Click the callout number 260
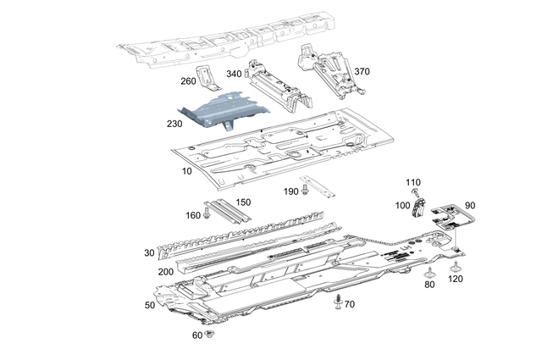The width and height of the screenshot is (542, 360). point(187,81)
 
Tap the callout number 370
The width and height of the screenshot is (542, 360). point(362,71)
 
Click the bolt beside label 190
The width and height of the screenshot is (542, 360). point(305,192)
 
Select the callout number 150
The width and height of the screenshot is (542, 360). point(244,202)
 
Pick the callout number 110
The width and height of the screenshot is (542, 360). point(412,182)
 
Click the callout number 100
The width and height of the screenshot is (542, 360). point(401,206)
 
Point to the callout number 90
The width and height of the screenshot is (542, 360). point(470,206)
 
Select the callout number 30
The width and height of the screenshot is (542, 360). point(150,253)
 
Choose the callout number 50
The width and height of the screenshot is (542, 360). point(150,304)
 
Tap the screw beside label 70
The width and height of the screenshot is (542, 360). point(339,301)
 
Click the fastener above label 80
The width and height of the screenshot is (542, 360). point(430,272)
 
